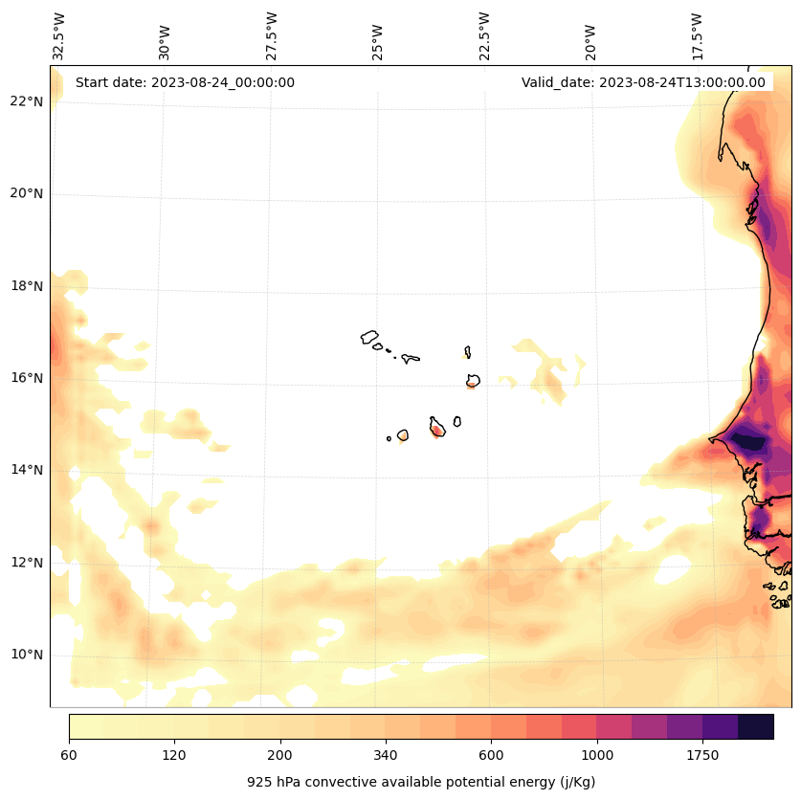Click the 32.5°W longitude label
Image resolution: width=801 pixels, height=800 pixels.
[59, 35]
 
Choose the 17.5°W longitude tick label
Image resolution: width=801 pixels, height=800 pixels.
[697, 35]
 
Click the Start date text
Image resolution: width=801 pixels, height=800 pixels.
[185, 82]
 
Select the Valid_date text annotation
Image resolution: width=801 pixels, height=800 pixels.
[643, 82]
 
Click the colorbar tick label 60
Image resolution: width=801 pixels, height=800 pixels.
[69, 756]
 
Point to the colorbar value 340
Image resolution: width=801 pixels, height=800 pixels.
[386, 756]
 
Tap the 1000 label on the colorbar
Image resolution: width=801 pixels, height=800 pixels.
[597, 756]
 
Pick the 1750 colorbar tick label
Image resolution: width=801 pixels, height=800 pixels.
[702, 756]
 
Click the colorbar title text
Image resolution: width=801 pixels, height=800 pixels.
[421, 782]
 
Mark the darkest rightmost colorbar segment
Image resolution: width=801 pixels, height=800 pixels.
[756, 726]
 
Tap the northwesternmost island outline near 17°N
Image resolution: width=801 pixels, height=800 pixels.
[369, 337]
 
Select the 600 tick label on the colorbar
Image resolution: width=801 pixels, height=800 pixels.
[491, 756]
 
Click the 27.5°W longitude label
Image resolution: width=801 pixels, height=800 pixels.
[272, 35]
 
